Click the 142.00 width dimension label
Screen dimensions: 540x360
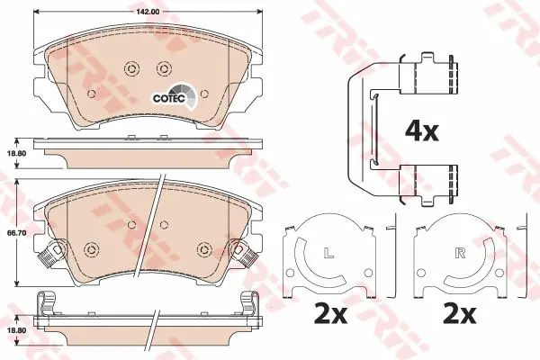click(x=148, y=12)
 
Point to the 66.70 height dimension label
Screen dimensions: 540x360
click(x=16, y=233)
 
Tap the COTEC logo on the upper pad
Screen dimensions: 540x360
click(x=175, y=95)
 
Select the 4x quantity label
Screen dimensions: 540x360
click(x=421, y=130)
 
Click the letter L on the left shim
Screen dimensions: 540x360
click(x=329, y=253)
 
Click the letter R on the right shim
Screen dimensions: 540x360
click(x=460, y=253)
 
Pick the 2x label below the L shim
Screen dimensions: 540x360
click(x=330, y=314)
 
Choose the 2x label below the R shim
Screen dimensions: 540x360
click(x=460, y=314)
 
